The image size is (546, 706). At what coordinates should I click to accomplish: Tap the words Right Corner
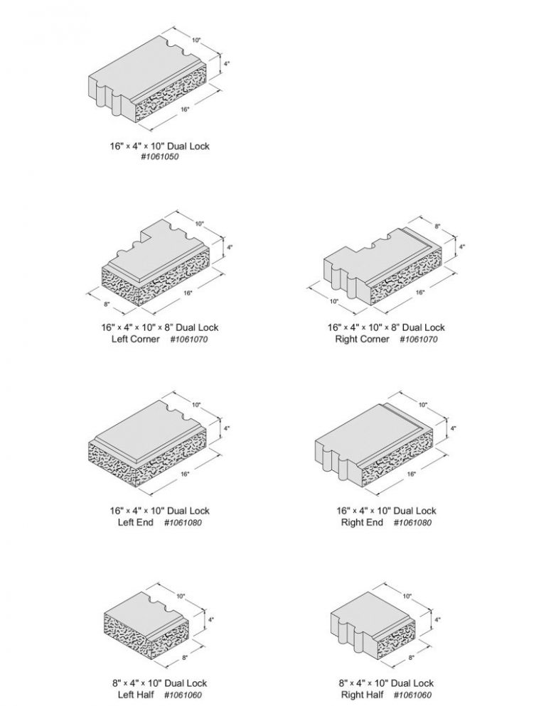pos(362,340)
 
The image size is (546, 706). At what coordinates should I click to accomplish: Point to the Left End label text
pos(134,523)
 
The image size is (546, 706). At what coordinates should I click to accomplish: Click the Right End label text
pos(362,523)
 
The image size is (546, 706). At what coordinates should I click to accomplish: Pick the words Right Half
pos(362,695)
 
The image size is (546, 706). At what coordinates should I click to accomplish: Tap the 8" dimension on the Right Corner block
pos(437,226)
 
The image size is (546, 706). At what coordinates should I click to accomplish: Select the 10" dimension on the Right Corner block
pos(333,301)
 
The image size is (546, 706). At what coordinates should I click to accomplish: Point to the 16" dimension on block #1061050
pos(184,110)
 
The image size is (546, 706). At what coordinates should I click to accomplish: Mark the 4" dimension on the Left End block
pos(227,429)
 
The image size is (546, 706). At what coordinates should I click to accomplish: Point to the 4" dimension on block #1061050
pos(227,63)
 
